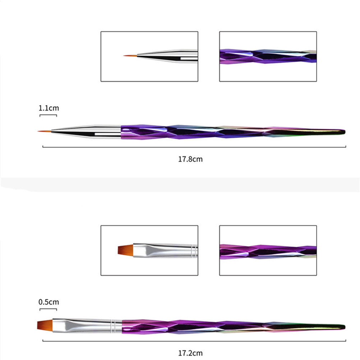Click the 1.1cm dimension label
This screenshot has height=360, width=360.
(49, 108)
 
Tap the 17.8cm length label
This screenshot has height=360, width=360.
(190, 159)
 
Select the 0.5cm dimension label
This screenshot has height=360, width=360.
(49, 302)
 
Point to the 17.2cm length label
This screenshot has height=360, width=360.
(190, 353)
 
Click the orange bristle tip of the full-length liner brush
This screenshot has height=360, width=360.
(45, 131)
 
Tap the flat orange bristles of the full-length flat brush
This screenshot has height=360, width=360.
(45, 325)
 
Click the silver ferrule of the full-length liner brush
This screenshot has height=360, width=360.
(86, 132)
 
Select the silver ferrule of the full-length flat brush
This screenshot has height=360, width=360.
(87, 326)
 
